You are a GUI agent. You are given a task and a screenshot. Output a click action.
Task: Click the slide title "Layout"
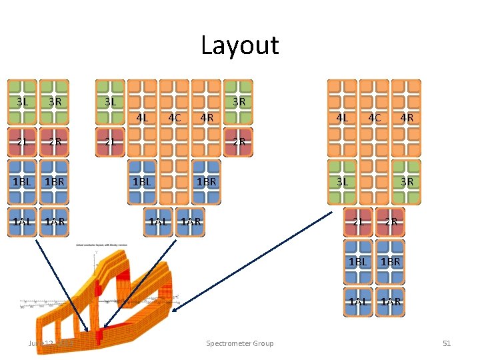click(x=239, y=45)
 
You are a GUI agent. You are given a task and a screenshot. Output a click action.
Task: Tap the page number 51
click(x=447, y=343)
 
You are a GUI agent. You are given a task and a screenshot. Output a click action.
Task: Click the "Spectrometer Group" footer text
click(x=239, y=343)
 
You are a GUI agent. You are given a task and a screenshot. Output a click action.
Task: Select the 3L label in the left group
click(x=23, y=102)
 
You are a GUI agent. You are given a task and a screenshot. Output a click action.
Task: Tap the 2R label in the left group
click(x=55, y=141)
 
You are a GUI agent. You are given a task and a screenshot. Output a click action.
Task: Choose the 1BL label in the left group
click(x=23, y=181)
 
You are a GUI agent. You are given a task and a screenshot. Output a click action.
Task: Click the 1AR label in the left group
click(x=55, y=221)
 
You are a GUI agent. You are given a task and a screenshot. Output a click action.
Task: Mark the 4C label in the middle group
click(x=175, y=118)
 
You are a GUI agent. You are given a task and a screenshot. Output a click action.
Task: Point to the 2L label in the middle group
click(x=111, y=141)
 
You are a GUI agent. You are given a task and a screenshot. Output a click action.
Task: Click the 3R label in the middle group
click(x=239, y=102)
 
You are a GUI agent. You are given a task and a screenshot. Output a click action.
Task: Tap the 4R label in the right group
click(x=407, y=118)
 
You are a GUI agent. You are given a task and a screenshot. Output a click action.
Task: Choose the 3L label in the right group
click(x=342, y=181)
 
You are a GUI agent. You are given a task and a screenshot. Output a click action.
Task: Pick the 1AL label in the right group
click(x=358, y=301)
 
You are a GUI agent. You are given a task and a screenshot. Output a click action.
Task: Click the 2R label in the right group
click(x=391, y=221)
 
